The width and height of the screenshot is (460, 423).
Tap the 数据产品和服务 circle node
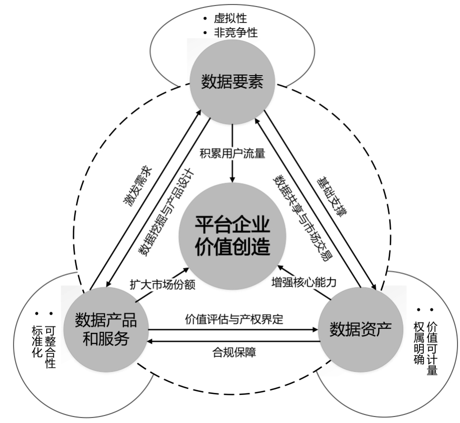coord(105,328)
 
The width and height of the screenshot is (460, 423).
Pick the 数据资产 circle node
coord(360,328)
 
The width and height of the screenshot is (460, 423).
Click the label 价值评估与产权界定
coord(234,318)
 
